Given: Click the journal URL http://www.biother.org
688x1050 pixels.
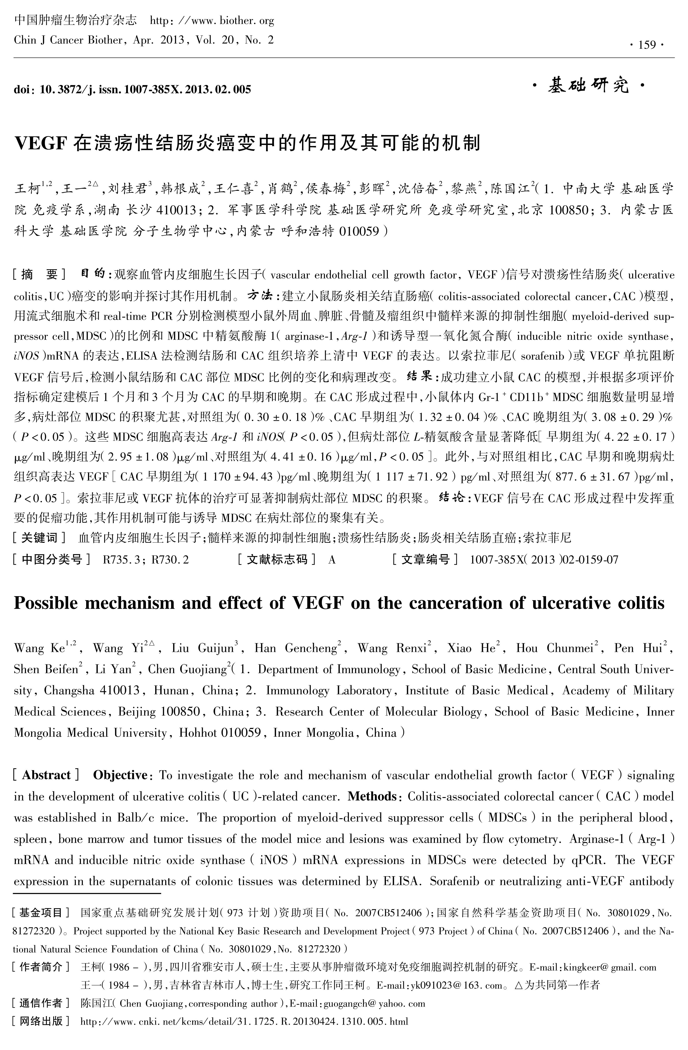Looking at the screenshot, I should (x=212, y=21).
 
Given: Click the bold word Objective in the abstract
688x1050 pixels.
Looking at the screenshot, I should (x=120, y=775).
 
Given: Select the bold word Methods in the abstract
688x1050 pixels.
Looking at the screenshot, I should (x=372, y=796).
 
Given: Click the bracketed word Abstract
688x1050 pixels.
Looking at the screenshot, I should (x=46, y=775).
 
